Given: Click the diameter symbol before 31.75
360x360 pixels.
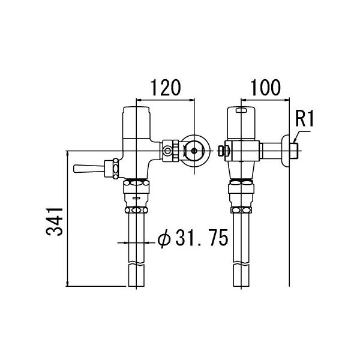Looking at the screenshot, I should click(x=164, y=239).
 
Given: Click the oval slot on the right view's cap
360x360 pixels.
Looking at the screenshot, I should click(x=242, y=110).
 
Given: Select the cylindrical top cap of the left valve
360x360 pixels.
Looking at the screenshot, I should click(x=136, y=120).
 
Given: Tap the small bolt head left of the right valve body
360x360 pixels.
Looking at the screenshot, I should click(x=224, y=150).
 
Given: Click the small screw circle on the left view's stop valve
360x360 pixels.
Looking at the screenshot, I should click(x=167, y=149).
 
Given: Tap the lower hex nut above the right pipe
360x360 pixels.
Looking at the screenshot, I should click(x=242, y=210).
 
